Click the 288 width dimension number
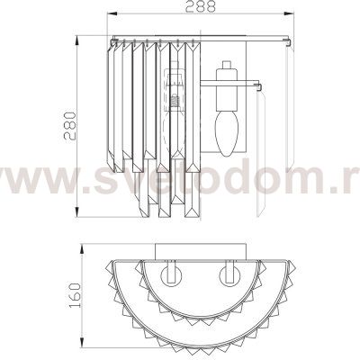pos(200,6)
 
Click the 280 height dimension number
pos(71,126)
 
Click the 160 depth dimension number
pos(75,295)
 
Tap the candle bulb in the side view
pos(227,133)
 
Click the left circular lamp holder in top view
pos(171,276)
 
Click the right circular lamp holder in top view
pos(230,276)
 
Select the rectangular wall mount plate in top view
pos(201,251)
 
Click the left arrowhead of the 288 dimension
pos(112,13)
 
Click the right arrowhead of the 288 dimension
pos(289,13)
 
